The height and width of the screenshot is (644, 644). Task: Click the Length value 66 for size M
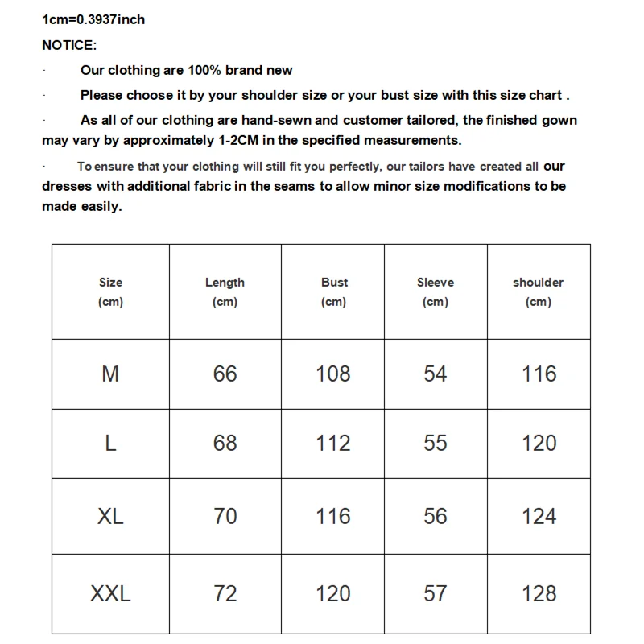click(225, 374)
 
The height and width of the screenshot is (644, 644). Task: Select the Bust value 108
click(333, 374)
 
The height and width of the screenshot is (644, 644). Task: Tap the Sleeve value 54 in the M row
click(436, 374)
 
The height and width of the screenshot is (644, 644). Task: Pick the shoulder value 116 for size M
click(539, 374)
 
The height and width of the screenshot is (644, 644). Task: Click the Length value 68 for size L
click(225, 444)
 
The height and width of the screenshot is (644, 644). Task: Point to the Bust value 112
click(333, 444)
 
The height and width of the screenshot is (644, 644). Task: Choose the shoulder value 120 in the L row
click(539, 444)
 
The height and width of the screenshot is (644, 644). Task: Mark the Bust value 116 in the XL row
click(333, 516)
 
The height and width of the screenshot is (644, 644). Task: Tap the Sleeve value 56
click(436, 516)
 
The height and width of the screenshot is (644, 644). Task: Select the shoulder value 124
click(539, 516)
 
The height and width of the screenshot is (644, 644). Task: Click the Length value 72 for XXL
click(225, 594)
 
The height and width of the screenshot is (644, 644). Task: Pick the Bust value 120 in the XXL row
click(333, 594)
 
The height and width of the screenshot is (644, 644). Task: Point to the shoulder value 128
click(539, 594)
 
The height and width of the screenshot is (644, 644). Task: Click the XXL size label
click(110, 594)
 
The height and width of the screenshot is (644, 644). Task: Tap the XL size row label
click(110, 516)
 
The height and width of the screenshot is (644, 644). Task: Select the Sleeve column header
click(436, 283)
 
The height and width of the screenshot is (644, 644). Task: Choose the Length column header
click(225, 283)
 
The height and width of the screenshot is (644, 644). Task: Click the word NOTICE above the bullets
click(69, 45)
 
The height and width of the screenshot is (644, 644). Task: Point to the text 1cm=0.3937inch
click(93, 19)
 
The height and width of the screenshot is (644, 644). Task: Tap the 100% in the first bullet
click(204, 70)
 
